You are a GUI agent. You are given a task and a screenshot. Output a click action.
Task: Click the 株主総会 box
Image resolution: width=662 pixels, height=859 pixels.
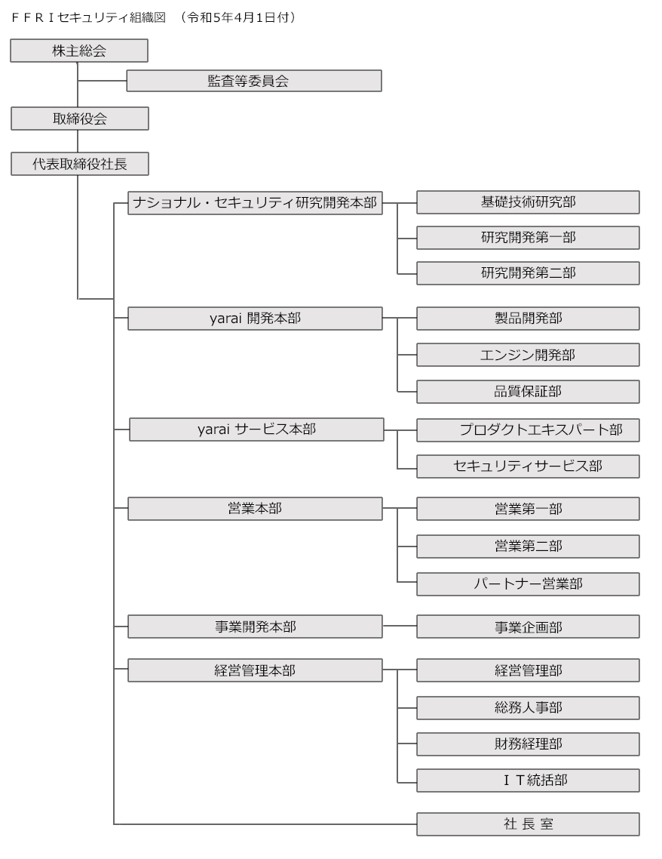pyautogui.click(x=79, y=51)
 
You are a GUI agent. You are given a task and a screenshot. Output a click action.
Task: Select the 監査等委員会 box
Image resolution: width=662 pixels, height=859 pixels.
pyautogui.click(x=254, y=81)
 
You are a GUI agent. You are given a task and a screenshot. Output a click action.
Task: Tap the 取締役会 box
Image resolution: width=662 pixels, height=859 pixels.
pyautogui.click(x=80, y=119)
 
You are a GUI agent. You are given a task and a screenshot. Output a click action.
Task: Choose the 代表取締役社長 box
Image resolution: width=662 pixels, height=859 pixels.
pyautogui.click(x=80, y=164)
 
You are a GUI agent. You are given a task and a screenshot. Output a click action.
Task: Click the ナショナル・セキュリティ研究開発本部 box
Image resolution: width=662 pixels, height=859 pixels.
pyautogui.click(x=255, y=203)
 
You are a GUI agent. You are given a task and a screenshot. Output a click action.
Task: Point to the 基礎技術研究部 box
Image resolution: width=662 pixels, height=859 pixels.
pyautogui.click(x=528, y=202)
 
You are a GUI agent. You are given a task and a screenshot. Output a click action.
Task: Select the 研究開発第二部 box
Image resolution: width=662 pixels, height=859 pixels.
pyautogui.click(x=528, y=272)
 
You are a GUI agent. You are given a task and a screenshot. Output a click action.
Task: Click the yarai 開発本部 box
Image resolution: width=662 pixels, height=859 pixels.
pyautogui.click(x=255, y=319)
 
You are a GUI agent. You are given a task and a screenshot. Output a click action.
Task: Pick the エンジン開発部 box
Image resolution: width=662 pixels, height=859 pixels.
pyautogui.click(x=528, y=355)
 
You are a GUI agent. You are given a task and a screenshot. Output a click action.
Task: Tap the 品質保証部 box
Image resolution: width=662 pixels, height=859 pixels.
pyautogui.click(x=528, y=392)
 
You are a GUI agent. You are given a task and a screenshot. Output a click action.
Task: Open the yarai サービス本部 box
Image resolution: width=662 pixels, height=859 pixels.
pyautogui.click(x=256, y=429)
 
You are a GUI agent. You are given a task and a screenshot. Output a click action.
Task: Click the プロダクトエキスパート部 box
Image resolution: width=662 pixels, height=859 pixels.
pyautogui.click(x=528, y=430)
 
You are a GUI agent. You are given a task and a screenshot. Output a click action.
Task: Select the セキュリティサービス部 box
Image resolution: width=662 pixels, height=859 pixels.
pyautogui.click(x=528, y=466)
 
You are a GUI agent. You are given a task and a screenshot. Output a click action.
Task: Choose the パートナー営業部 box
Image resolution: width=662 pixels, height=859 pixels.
pyautogui.click(x=528, y=584)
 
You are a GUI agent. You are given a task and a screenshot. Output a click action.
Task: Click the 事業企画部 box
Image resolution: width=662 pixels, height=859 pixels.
pyautogui.click(x=528, y=627)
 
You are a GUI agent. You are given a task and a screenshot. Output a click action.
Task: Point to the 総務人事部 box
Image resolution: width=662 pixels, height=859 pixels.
pyautogui.click(x=528, y=708)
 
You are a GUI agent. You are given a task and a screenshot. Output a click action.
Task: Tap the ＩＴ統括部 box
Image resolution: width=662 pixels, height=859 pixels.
pyautogui.click(x=528, y=780)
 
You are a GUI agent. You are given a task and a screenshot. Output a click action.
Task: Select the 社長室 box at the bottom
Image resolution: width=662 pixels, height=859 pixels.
pyautogui.click(x=528, y=824)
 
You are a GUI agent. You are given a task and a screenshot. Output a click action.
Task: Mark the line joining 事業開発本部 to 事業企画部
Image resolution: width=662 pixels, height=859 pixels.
pyautogui.click(x=400, y=627)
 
